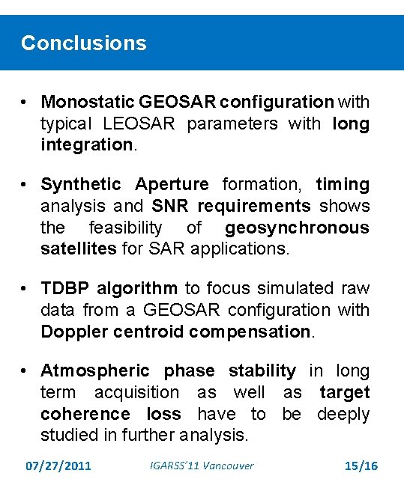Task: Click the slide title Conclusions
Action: (x=84, y=43)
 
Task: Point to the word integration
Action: (x=86, y=144)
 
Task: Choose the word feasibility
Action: (x=125, y=227)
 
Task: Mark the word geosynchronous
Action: (x=297, y=227)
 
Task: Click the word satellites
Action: (x=78, y=248)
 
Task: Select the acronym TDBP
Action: (x=64, y=288)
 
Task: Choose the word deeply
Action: (x=343, y=414)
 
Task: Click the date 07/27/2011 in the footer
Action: (x=58, y=466)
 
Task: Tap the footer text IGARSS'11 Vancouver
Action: (x=198, y=466)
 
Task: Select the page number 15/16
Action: (x=361, y=466)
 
